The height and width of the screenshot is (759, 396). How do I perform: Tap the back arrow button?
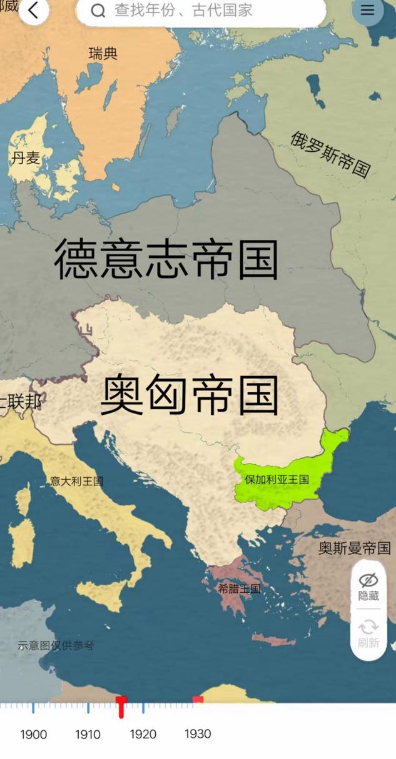[33, 11]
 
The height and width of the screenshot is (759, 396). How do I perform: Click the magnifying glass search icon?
[98, 11]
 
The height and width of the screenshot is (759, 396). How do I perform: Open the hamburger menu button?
[367, 10]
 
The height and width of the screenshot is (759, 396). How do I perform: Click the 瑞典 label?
[103, 54]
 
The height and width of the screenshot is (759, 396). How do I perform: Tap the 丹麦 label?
[26, 158]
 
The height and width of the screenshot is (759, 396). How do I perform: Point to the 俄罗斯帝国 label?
[330, 154]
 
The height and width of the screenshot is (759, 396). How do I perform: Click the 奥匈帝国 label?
[190, 395]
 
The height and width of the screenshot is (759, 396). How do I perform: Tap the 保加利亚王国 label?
[277, 480]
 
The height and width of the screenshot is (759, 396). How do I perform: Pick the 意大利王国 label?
[76, 481]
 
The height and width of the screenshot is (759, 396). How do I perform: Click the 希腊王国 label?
[239, 588]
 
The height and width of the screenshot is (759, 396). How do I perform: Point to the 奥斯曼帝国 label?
[355, 548]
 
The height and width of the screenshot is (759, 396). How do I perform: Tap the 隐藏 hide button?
[368, 587]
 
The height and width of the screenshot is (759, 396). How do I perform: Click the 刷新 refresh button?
[368, 633]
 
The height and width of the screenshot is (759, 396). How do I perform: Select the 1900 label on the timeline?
[33, 735]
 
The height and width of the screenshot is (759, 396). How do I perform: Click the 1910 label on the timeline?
[88, 735]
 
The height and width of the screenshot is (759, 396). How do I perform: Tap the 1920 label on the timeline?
[143, 735]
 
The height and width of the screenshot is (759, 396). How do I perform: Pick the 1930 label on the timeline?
[198, 734]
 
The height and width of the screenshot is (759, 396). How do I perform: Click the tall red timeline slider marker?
[122, 707]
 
